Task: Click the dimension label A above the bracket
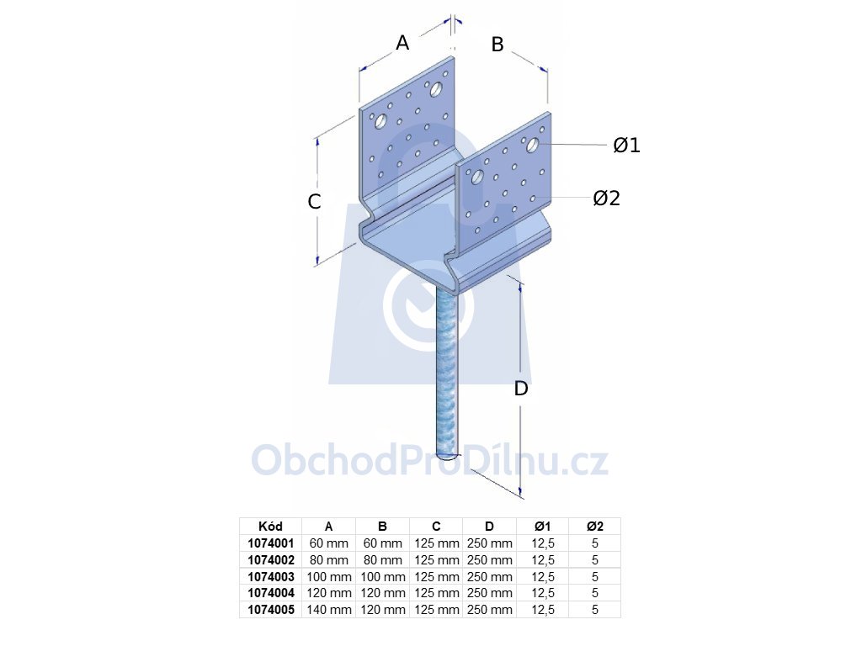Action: pos(402,42)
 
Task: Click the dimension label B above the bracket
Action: pos(498,45)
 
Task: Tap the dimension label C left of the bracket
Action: pos(314,202)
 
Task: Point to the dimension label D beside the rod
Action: pos(520,389)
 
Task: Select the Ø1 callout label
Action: pos(626,145)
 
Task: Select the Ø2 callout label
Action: pos(606,198)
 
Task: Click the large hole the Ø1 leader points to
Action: pos(532,145)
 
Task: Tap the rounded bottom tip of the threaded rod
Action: pos(448,455)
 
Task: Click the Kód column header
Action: pos(270,527)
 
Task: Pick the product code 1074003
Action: pos(271,577)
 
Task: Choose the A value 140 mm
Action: pos(329,610)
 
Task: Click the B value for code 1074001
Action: pos(383,543)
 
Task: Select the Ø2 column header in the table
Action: pos(595,527)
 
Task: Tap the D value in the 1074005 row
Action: pos(489,610)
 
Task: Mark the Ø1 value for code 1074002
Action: pos(543,560)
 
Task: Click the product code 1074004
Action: pos(271,593)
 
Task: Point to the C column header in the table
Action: pos(436,527)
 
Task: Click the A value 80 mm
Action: pos(329,560)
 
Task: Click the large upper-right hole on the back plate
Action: pos(436,89)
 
